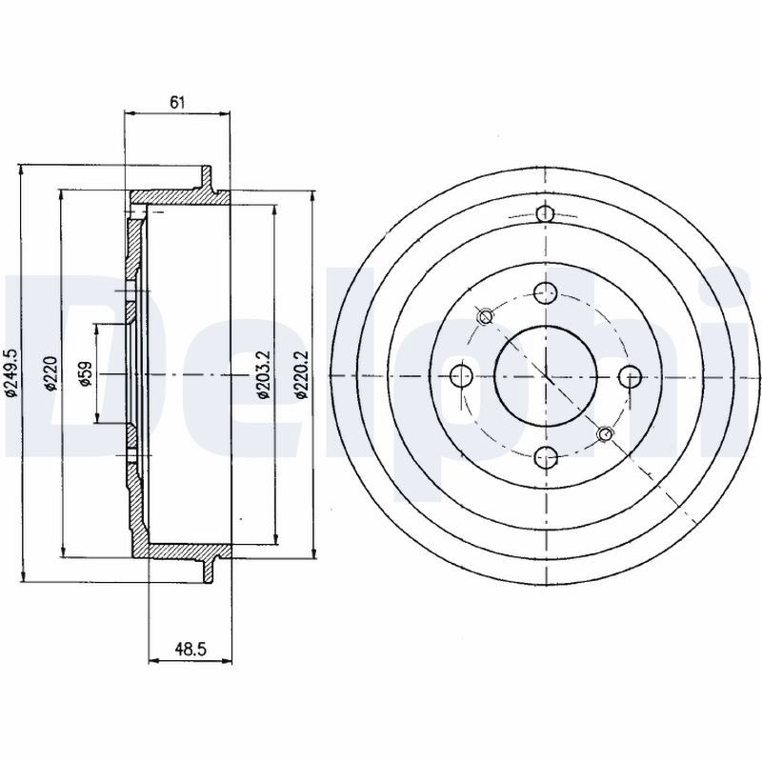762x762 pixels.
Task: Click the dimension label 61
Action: [178, 102]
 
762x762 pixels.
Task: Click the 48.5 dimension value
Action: [191, 649]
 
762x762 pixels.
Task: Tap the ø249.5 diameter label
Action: [11, 372]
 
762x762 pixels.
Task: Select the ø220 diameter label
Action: [50, 373]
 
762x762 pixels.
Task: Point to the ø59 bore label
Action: [86, 373]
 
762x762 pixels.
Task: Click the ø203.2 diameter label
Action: [264, 374]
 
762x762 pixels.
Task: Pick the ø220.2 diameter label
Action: [303, 374]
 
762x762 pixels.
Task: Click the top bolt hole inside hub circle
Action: [545, 292]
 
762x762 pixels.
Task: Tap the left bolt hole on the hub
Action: [461, 375]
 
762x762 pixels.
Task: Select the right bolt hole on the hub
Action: [631, 375]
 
